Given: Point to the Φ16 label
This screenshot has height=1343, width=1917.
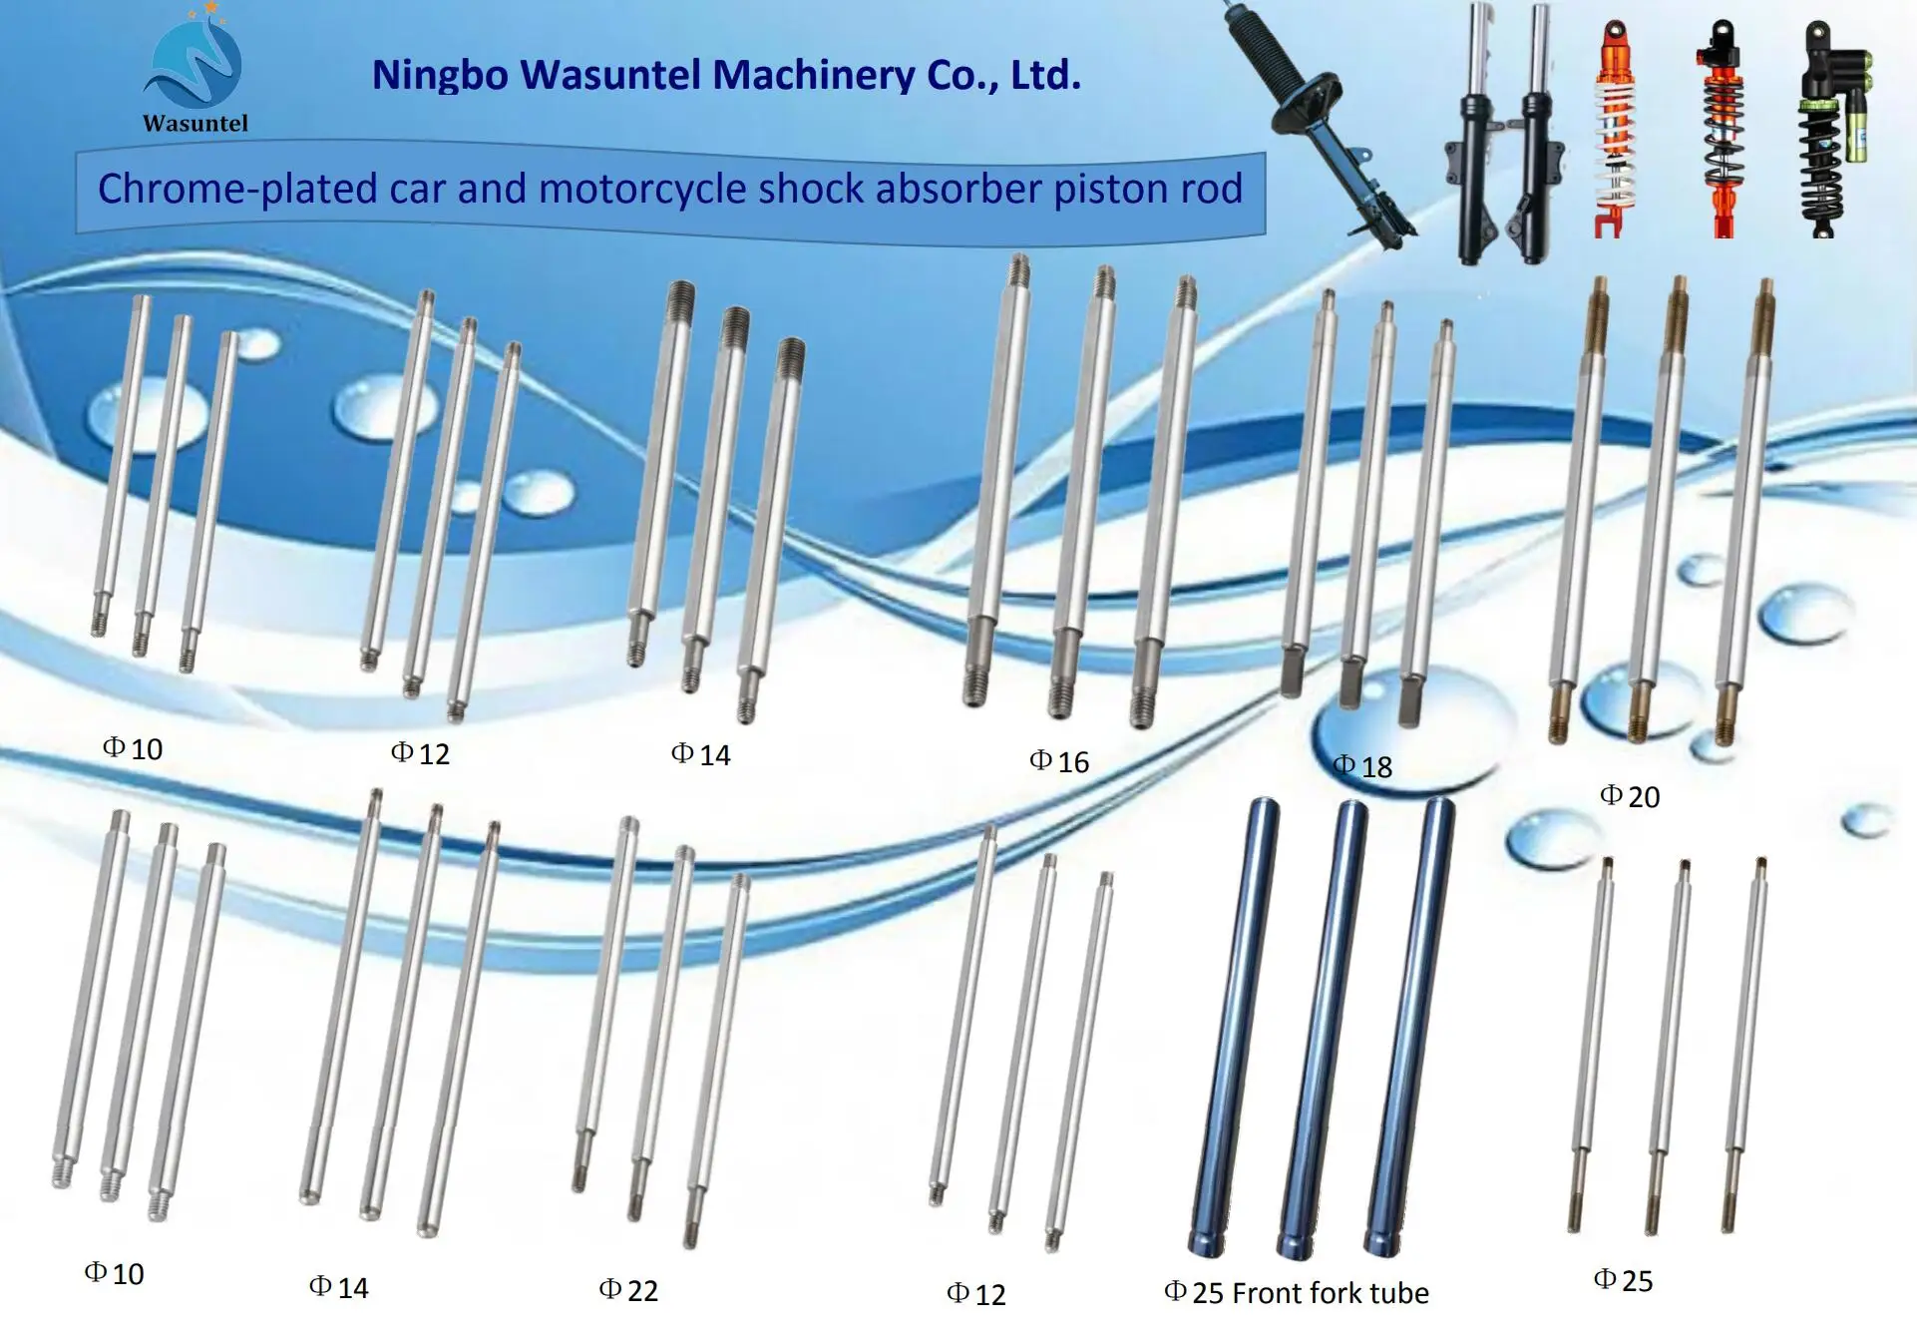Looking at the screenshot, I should (x=1059, y=762).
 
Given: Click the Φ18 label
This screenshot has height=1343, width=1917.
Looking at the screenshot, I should (x=1362, y=766).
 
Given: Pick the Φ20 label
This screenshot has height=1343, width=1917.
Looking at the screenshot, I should (x=1630, y=796).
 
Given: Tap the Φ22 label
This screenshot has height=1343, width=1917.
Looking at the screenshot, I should (x=628, y=1290).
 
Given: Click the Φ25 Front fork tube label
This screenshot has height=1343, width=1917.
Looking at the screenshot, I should (x=1297, y=1293).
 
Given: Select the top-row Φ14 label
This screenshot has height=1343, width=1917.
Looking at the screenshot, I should (x=700, y=754).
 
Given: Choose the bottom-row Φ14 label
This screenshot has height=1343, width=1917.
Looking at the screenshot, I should (x=339, y=1288).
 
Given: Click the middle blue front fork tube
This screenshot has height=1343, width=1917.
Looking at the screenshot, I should (x=1324, y=1028).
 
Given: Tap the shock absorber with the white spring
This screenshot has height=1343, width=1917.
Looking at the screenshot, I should (x=1614, y=130).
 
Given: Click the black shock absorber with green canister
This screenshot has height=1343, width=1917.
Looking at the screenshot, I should (x=1829, y=130).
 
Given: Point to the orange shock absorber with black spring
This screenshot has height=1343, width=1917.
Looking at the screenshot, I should (x=1722, y=130).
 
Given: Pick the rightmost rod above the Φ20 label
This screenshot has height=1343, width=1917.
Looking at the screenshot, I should (x=1747, y=509).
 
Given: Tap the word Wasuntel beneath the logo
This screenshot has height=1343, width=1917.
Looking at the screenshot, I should (x=195, y=124).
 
